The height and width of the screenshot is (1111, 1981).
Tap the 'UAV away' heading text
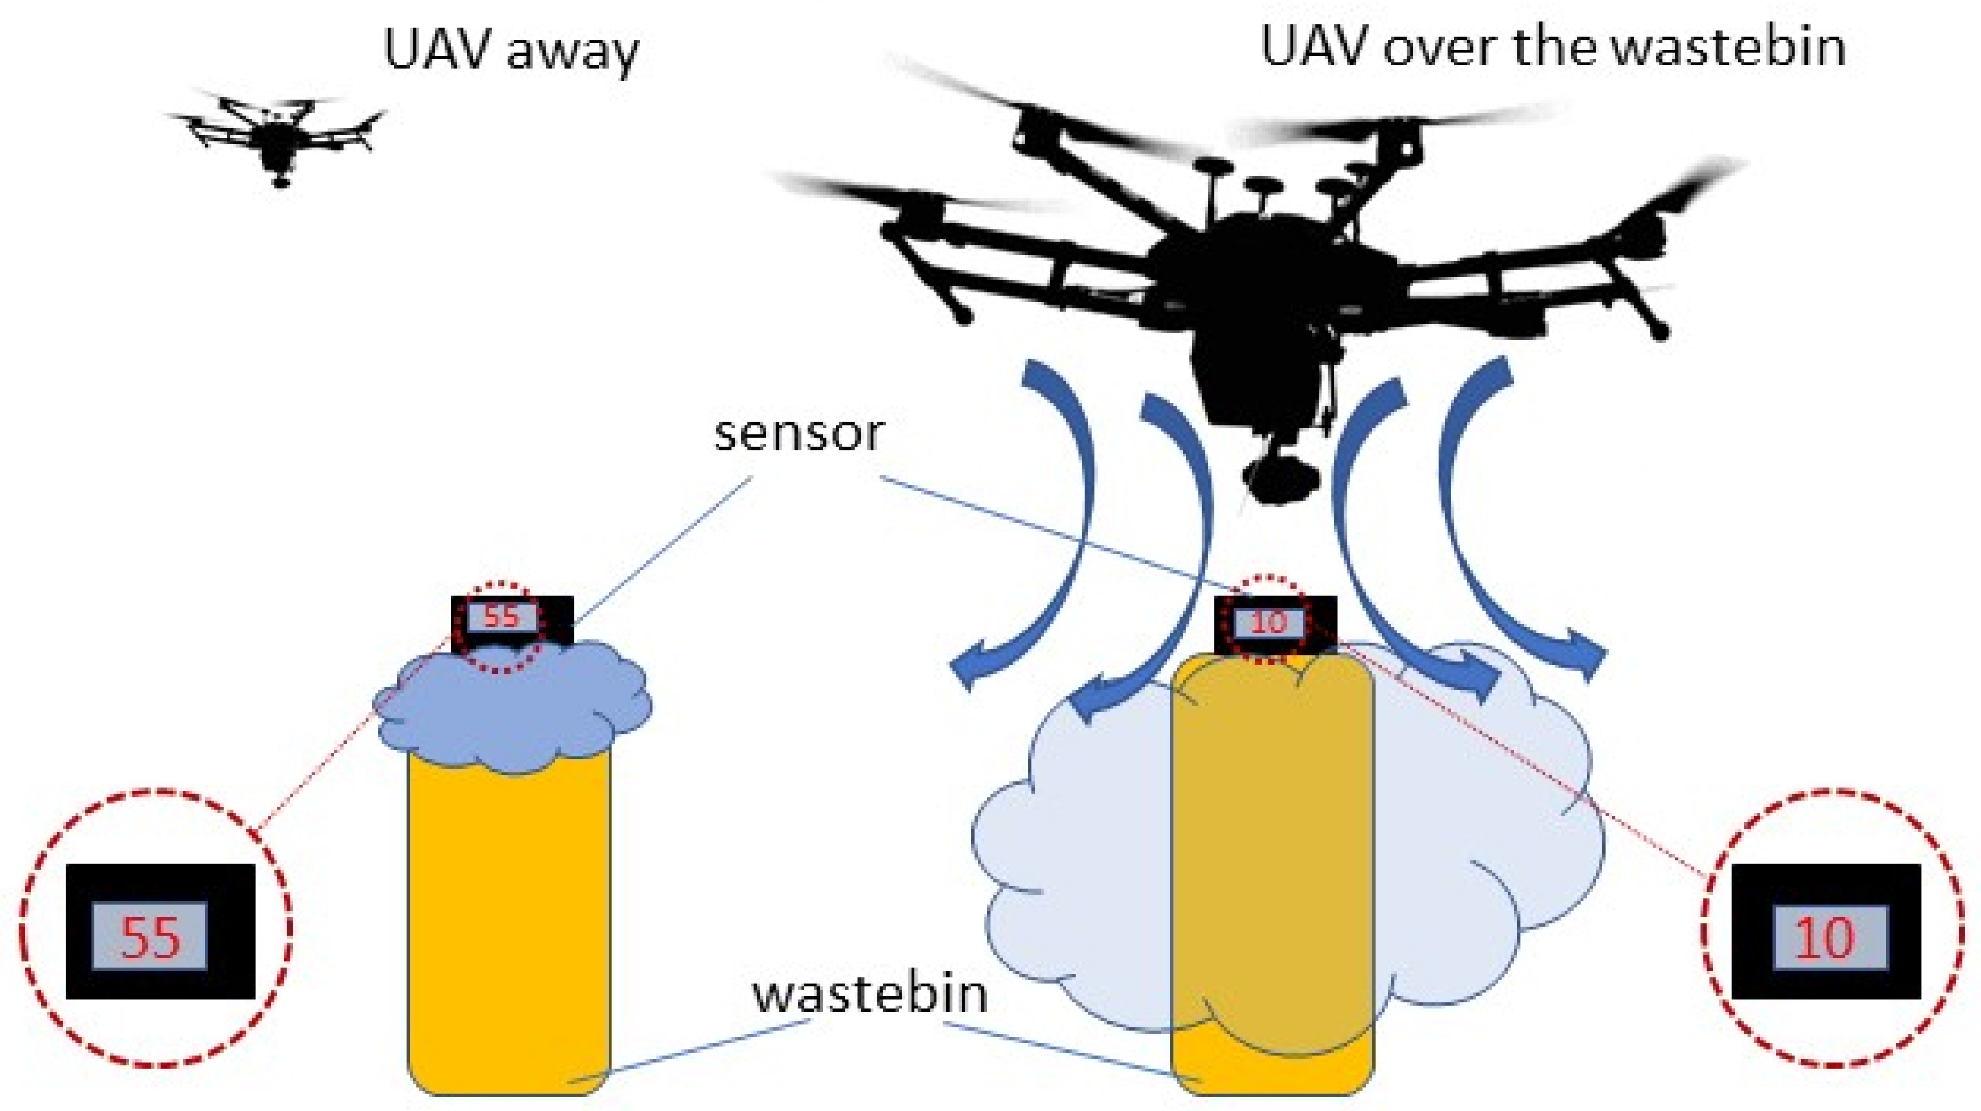(510, 51)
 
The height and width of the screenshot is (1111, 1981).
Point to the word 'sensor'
(800, 434)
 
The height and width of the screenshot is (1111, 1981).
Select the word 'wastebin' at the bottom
(870, 993)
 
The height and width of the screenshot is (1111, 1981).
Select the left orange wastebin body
(508, 923)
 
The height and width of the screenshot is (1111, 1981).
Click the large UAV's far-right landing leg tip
(1660, 330)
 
